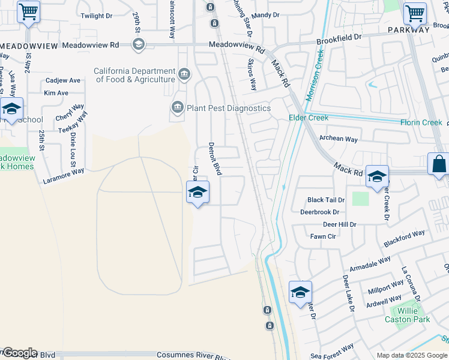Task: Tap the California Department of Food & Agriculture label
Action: [134, 75]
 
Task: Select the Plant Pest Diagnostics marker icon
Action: [177, 108]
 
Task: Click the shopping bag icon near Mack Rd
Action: [439, 164]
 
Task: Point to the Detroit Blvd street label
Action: [215, 158]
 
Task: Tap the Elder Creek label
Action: [309, 118]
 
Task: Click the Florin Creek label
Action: [421, 122]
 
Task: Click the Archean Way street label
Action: [339, 139]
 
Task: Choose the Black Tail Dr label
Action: [326, 200]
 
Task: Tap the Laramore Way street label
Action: [64, 176]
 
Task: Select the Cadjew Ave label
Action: [63, 80]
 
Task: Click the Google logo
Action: [19, 353]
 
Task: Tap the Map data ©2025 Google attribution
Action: [412, 356]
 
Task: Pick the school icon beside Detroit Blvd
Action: [197, 192]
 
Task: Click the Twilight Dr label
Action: [97, 16]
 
